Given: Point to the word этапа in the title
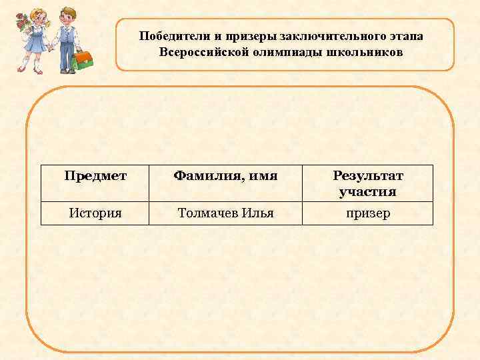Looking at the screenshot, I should (405, 36).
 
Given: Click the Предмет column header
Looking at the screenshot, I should (95, 176).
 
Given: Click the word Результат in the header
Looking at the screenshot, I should (368, 176).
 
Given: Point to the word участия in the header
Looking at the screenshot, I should (367, 191).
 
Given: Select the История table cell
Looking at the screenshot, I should (95, 213).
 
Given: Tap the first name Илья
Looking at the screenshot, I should (258, 213).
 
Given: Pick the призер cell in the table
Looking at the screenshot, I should (367, 213).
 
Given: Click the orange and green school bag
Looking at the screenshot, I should (83, 60).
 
